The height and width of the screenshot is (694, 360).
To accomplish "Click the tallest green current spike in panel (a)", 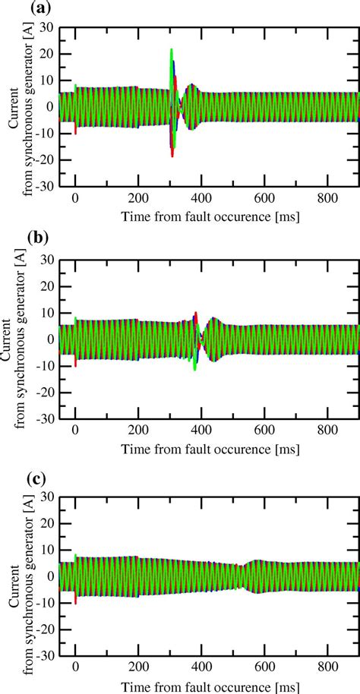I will point(172,51).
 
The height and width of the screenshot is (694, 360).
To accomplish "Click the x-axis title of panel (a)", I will point(210,216).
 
